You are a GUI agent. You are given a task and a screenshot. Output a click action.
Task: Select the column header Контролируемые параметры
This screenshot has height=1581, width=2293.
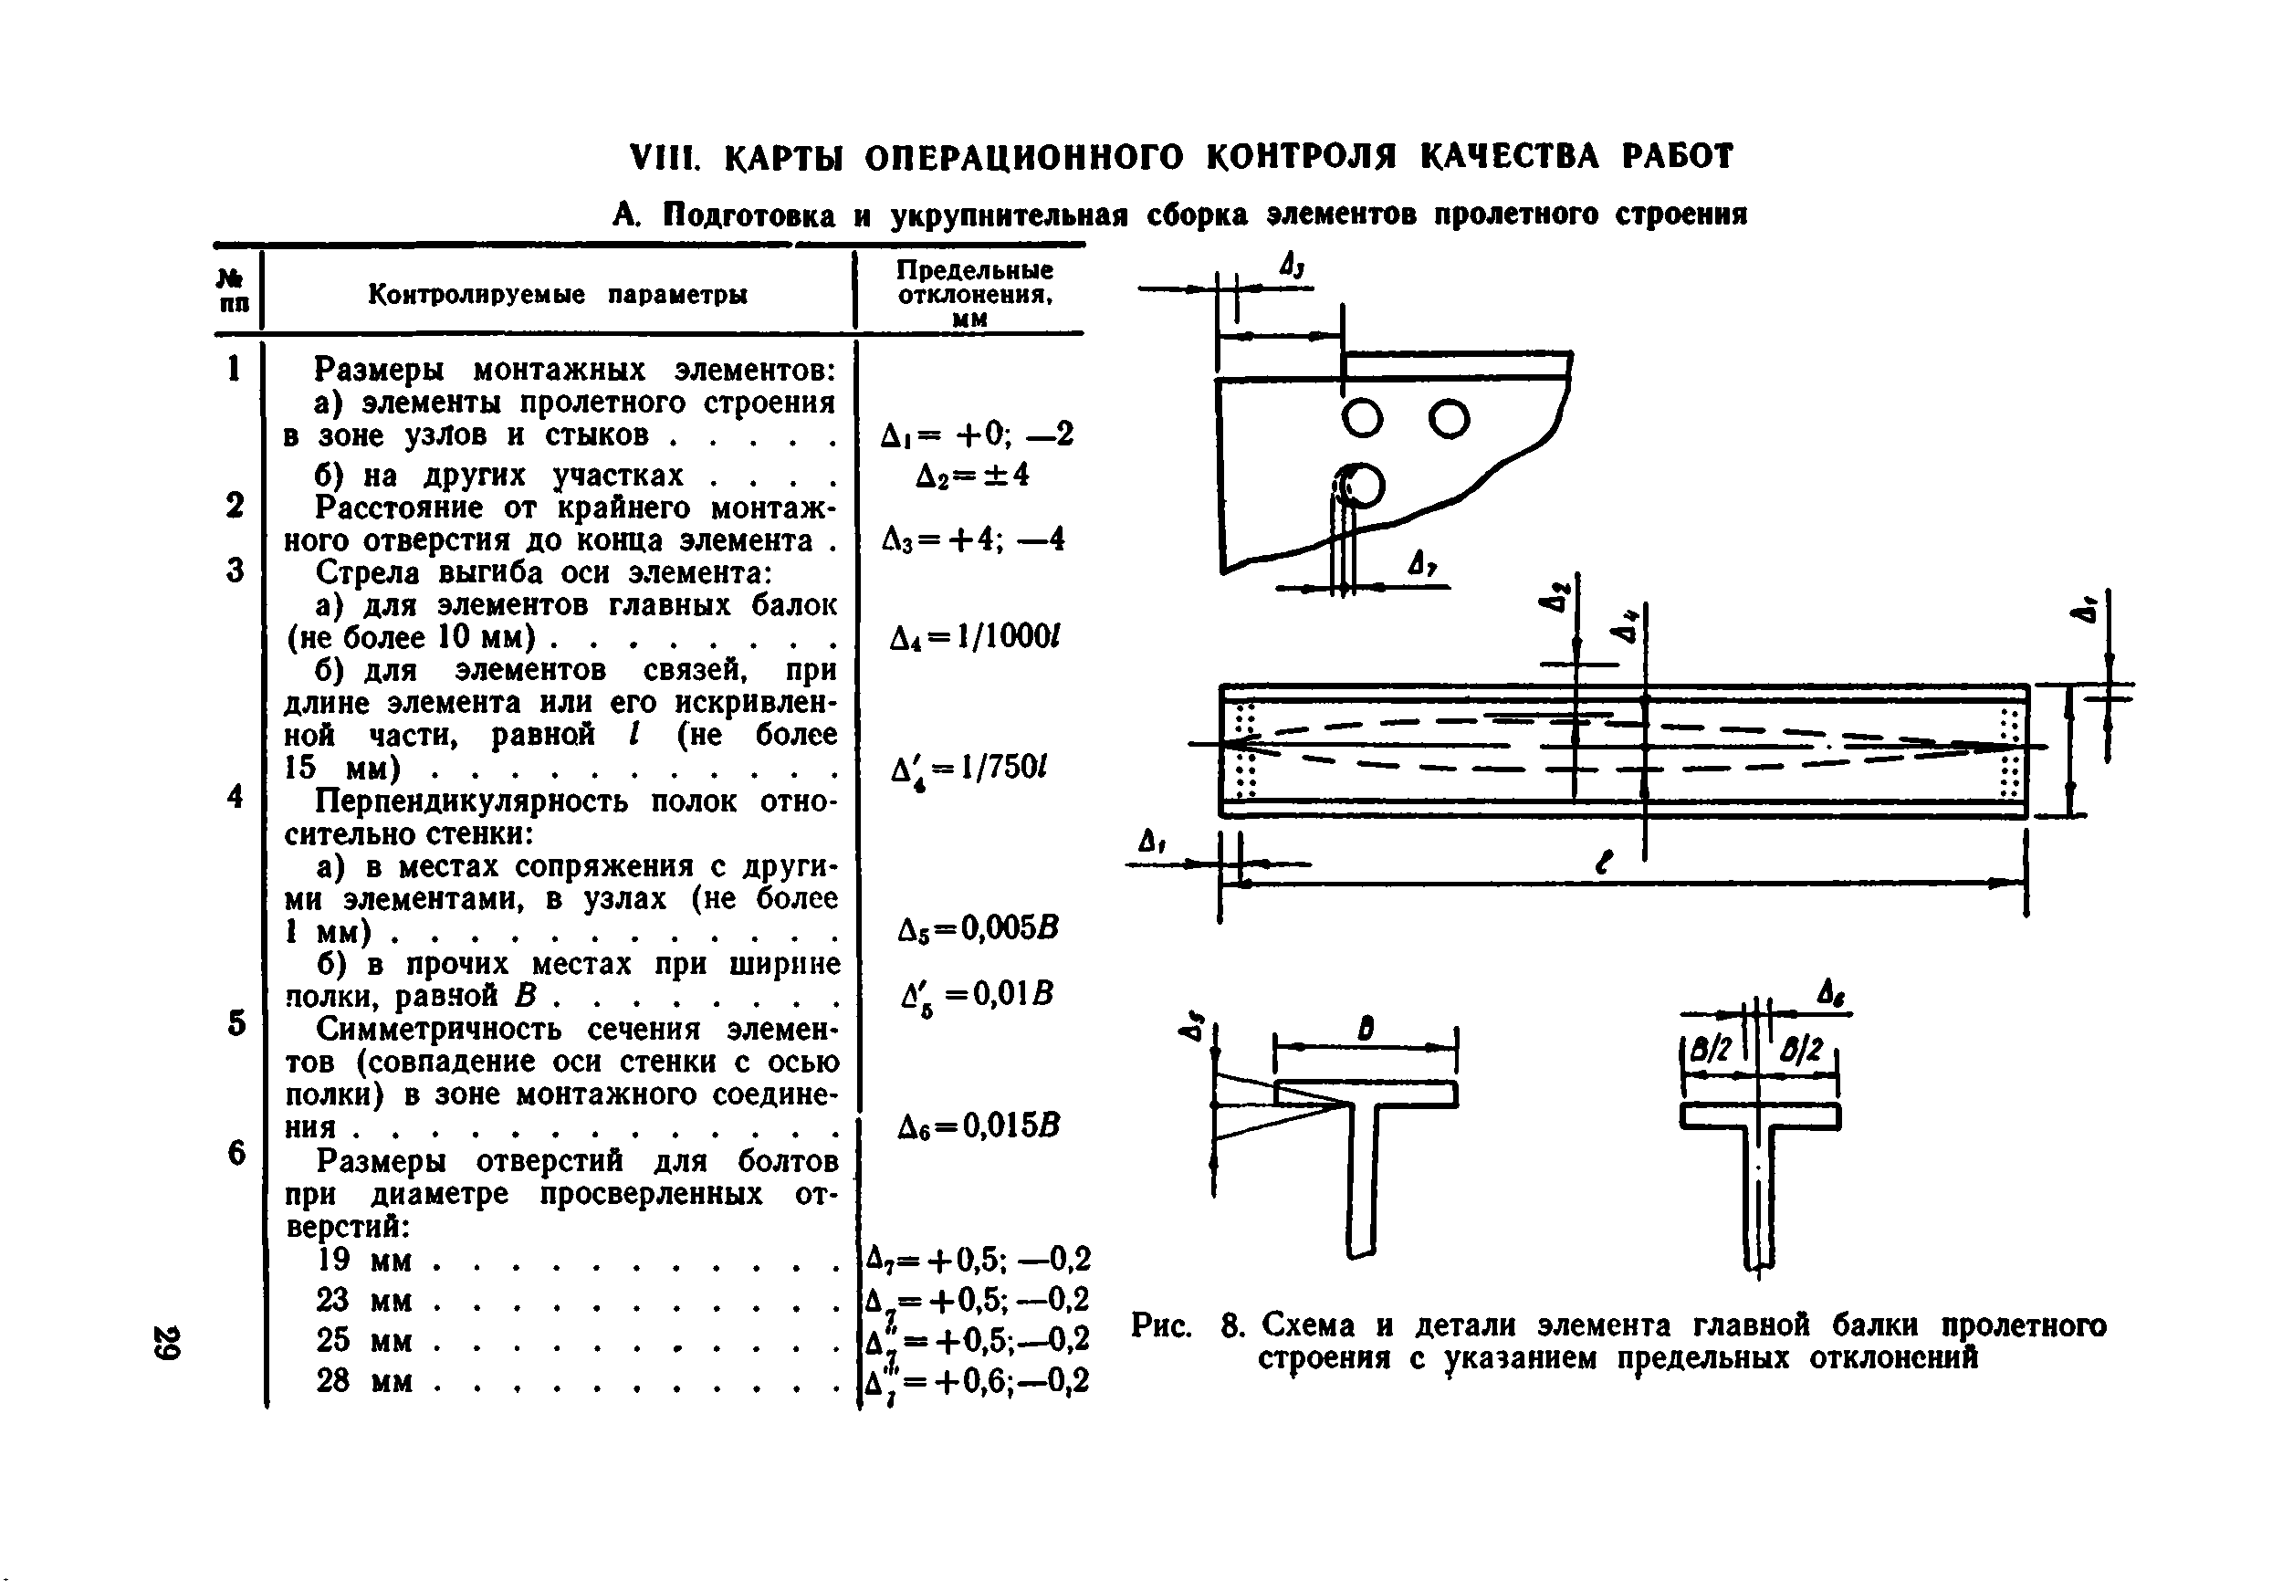tap(558, 294)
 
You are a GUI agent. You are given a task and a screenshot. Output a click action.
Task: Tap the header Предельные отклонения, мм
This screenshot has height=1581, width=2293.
tap(975, 293)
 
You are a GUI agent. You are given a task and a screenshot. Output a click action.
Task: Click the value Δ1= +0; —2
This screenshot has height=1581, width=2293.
tap(977, 434)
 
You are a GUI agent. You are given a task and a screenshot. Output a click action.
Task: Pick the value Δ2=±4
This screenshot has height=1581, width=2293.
tap(973, 475)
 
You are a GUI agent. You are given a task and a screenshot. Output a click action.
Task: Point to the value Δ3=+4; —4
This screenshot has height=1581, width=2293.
tap(974, 539)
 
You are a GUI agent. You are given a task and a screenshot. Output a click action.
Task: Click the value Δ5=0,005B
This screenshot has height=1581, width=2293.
tap(978, 928)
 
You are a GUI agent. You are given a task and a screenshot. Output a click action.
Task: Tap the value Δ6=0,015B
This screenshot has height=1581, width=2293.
tap(978, 1126)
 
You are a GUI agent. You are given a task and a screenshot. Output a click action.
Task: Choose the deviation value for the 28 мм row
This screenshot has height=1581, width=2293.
tap(977, 1381)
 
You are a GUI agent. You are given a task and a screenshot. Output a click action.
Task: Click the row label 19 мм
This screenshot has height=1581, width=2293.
tap(363, 1260)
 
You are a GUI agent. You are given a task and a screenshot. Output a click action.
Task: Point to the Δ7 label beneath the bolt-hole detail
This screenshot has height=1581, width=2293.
tap(1423, 566)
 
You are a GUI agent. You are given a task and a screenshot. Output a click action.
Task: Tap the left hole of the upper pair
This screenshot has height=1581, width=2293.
tap(1363, 419)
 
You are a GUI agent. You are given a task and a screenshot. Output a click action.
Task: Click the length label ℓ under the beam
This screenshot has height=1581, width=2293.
tap(1605, 862)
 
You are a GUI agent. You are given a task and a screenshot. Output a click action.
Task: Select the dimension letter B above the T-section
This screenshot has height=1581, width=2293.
tap(1366, 1030)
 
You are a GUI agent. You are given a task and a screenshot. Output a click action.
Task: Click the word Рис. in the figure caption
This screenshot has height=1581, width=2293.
tap(1162, 1325)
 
